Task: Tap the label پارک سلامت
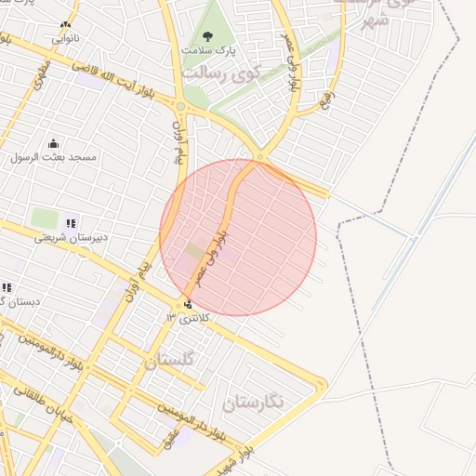(x=209, y=50)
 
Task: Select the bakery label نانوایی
(x=64, y=39)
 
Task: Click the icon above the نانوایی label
(x=64, y=26)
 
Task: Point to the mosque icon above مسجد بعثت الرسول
(x=54, y=143)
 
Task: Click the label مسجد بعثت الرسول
(x=55, y=157)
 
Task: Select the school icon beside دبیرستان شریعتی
(x=72, y=223)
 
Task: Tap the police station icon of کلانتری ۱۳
(x=189, y=304)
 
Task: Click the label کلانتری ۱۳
(x=189, y=318)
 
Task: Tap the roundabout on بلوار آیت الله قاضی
(x=180, y=107)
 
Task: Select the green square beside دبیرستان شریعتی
(x=45, y=218)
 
